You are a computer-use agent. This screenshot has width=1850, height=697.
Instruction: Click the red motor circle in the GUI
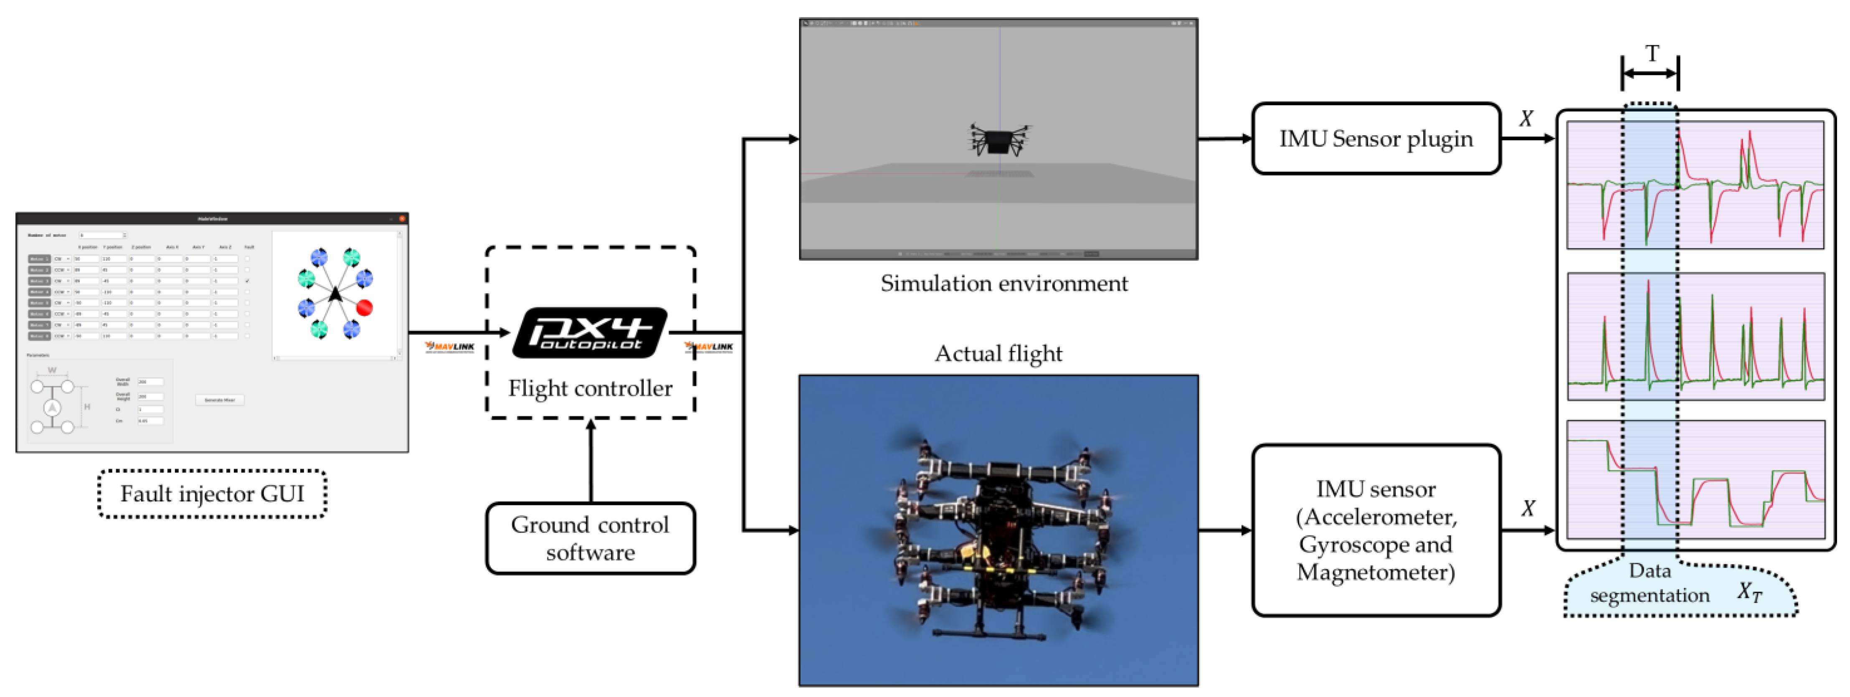pos(365,307)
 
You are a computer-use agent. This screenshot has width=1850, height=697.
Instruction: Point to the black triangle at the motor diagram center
pos(335,294)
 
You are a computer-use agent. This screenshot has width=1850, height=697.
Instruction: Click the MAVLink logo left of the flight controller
pos(450,347)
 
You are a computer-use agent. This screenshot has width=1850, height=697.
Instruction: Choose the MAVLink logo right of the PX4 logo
pos(710,347)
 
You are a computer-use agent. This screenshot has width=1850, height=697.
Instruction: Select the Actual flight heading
pos(998,354)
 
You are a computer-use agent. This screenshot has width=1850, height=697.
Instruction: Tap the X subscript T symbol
pos(1749,592)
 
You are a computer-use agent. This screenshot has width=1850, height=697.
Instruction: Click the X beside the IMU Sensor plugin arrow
pos(1526,119)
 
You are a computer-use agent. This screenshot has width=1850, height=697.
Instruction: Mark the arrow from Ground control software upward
pos(590,459)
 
